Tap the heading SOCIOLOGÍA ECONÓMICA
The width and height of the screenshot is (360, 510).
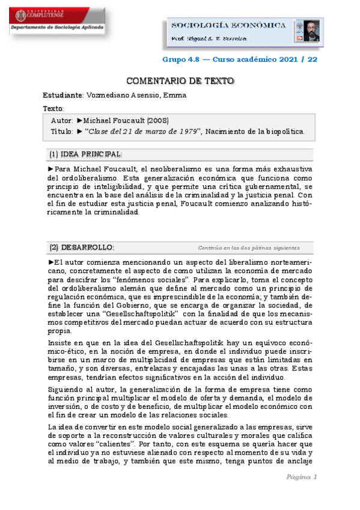tap(229, 25)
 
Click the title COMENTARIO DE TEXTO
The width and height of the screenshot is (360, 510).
tap(180, 81)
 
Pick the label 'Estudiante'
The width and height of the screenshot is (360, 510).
tap(63, 96)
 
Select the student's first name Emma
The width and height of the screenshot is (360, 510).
tap(175, 96)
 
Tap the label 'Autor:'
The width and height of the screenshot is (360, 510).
tap(63, 121)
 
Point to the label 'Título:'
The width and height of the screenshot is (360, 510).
tap(63, 131)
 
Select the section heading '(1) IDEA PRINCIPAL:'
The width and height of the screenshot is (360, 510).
tap(85, 154)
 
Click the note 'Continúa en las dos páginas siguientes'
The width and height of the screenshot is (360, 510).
tap(248, 248)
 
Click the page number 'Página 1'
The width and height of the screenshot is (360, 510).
tap(301, 477)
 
